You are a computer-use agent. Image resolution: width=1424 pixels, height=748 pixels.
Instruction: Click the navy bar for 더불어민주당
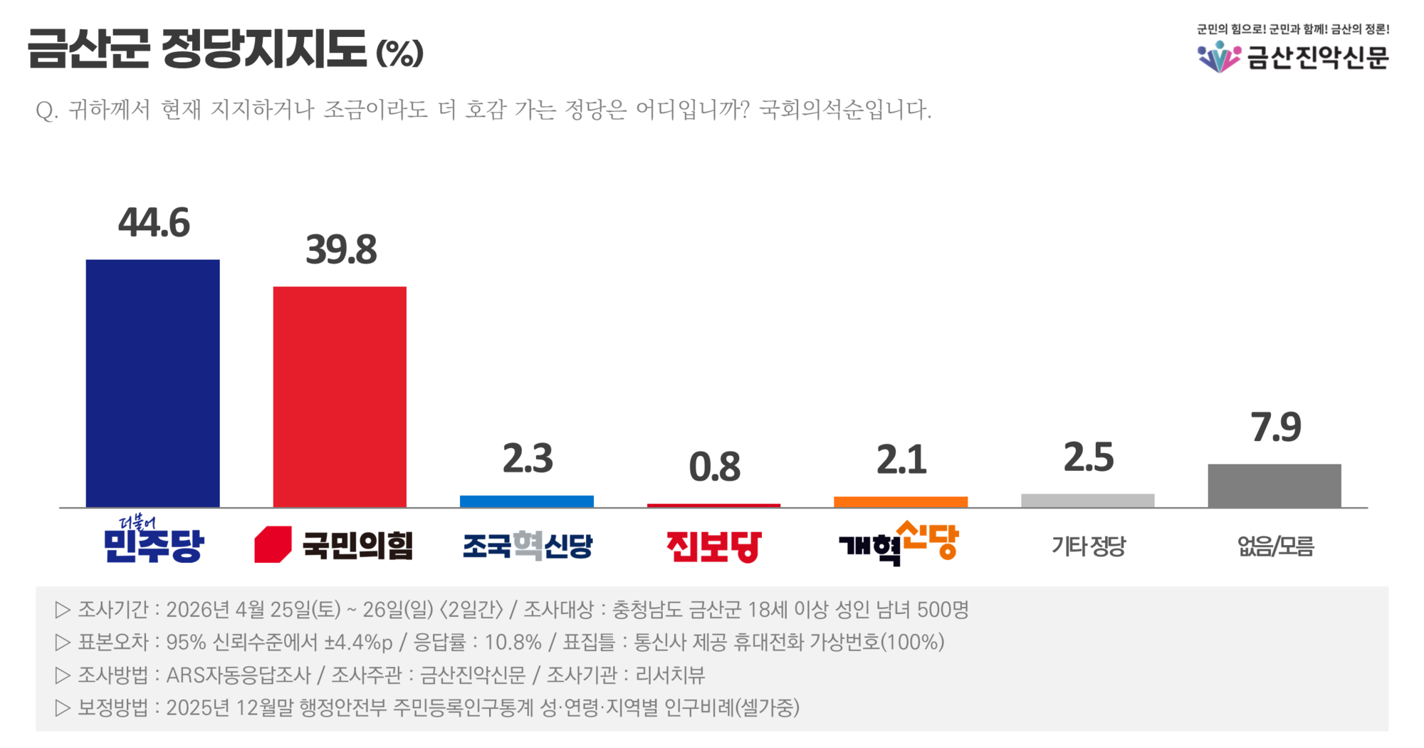[152, 383]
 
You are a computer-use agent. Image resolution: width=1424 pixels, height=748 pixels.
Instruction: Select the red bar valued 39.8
[340, 397]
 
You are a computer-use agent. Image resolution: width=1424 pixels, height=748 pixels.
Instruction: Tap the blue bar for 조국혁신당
[527, 502]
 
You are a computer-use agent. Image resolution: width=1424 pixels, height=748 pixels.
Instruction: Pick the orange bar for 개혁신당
[901, 502]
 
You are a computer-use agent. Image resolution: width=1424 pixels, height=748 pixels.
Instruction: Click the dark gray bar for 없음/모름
[1274, 486]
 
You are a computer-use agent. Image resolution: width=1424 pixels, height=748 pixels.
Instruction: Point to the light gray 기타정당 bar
[1088, 501]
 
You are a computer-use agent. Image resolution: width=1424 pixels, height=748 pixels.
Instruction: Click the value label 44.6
[154, 223]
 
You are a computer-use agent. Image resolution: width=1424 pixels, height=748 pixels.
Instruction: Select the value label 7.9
[1276, 427]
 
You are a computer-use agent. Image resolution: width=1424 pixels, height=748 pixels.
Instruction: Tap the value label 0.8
[714, 467]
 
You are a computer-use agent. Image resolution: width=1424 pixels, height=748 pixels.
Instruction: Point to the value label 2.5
[1089, 457]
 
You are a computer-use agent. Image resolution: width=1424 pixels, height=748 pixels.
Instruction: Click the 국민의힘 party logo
[333, 546]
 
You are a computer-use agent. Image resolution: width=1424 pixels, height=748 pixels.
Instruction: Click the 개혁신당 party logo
[899, 543]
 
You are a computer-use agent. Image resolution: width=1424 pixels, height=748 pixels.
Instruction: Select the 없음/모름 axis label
[1275, 546]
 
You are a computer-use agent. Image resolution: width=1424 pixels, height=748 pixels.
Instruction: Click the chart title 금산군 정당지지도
[197, 49]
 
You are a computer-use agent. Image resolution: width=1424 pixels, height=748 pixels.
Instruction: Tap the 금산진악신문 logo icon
[1219, 57]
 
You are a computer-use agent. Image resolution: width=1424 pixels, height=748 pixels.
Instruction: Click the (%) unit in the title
[399, 53]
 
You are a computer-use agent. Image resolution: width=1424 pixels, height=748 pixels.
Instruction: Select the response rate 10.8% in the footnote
[513, 643]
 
